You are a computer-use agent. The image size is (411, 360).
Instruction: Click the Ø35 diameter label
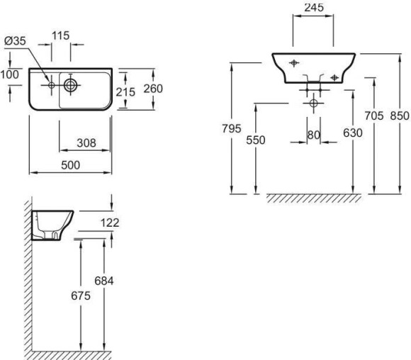tap(15, 41)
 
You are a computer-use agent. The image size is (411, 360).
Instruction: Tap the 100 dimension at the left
tap(10, 74)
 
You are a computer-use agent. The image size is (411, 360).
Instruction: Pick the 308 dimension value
tap(86, 142)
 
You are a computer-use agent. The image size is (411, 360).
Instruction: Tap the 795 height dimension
tap(231, 128)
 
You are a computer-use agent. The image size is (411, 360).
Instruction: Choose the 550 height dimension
tap(255, 140)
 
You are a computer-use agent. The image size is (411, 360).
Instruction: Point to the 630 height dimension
tap(352, 133)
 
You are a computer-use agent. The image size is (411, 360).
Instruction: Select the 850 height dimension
tap(399, 115)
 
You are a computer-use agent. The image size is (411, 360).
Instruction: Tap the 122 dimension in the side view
tap(109, 223)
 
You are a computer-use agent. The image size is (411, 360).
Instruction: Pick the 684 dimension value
tap(104, 281)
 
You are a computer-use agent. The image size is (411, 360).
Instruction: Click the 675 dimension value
tap(81, 296)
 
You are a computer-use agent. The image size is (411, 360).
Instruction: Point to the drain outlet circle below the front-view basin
tap(313, 103)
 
